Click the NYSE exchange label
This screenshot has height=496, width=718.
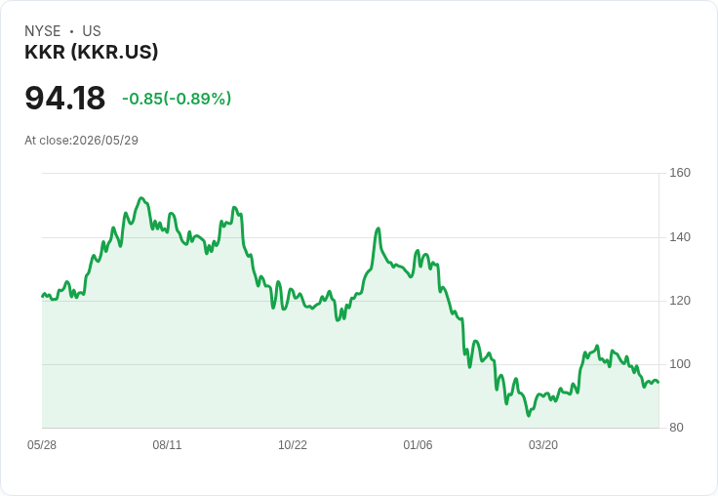43,31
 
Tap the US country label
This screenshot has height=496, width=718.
92,31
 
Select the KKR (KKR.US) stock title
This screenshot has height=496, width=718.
91,52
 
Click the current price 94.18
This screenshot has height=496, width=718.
65,98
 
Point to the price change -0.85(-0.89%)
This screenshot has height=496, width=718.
177,99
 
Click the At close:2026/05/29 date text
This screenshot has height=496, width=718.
82,141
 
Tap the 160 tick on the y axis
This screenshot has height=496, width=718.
680,173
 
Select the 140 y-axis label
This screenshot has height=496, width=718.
680,237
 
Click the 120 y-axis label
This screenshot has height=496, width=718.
680,301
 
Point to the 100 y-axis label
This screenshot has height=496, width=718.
680,364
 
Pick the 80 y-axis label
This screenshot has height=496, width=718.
676,428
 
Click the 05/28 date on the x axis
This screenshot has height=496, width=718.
42,445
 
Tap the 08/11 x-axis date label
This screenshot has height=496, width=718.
167,445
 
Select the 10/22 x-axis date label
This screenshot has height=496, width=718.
293,445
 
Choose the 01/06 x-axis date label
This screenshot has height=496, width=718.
418,445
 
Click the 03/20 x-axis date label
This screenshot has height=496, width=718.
543,445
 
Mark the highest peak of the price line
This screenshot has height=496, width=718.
141,198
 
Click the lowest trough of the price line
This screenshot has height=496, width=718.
529,415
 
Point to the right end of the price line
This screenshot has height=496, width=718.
658,383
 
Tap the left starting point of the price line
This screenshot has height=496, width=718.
42,296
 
